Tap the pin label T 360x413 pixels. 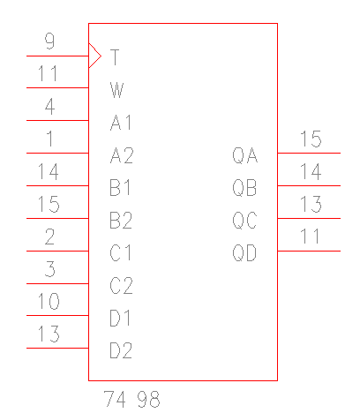click(x=115, y=57)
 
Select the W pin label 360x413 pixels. click(x=116, y=90)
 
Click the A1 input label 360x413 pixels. click(x=121, y=123)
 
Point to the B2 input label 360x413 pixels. click(x=121, y=221)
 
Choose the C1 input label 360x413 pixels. click(x=121, y=253)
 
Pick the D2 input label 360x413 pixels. click(x=121, y=350)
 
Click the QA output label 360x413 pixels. click(x=245, y=155)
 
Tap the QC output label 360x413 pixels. click(x=244, y=221)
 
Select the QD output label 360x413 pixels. click(x=244, y=253)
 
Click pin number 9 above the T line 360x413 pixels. click(x=49, y=41)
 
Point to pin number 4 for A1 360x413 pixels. click(x=49, y=107)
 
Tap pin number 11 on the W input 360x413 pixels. click(x=48, y=73)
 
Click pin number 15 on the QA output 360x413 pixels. click(x=311, y=139)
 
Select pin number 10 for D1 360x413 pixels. click(x=49, y=301)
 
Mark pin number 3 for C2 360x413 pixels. click(x=50, y=269)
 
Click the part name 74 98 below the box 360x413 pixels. click(x=132, y=399)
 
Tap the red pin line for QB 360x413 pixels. click(x=309, y=185)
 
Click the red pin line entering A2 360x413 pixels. click(x=57, y=153)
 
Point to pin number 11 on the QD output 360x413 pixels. click(x=310, y=237)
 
